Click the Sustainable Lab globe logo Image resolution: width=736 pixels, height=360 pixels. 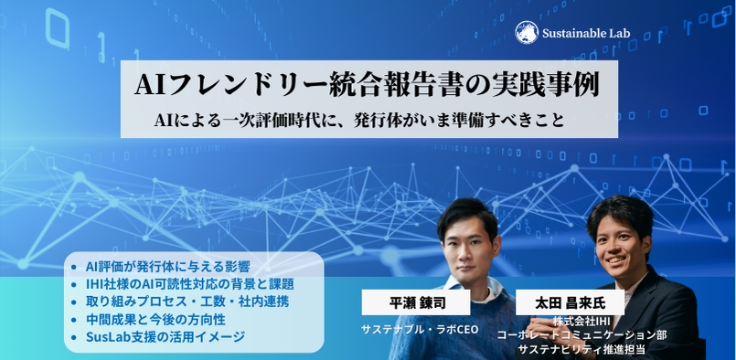click(527, 32)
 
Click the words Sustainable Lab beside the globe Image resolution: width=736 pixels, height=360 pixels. click(586, 33)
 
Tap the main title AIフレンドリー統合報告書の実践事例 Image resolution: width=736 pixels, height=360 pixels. click(368, 86)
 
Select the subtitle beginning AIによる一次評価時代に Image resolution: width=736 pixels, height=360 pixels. click(359, 121)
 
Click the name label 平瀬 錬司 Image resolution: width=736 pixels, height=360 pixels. click(416, 302)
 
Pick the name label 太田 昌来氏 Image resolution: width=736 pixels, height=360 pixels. click(570, 302)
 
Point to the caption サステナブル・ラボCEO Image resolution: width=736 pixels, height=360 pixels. click(420, 330)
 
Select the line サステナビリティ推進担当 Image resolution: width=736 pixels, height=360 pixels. click(581, 349)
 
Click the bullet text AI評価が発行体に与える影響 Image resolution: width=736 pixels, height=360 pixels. click(167, 267)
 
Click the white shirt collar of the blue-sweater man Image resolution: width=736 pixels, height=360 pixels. click(469, 287)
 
